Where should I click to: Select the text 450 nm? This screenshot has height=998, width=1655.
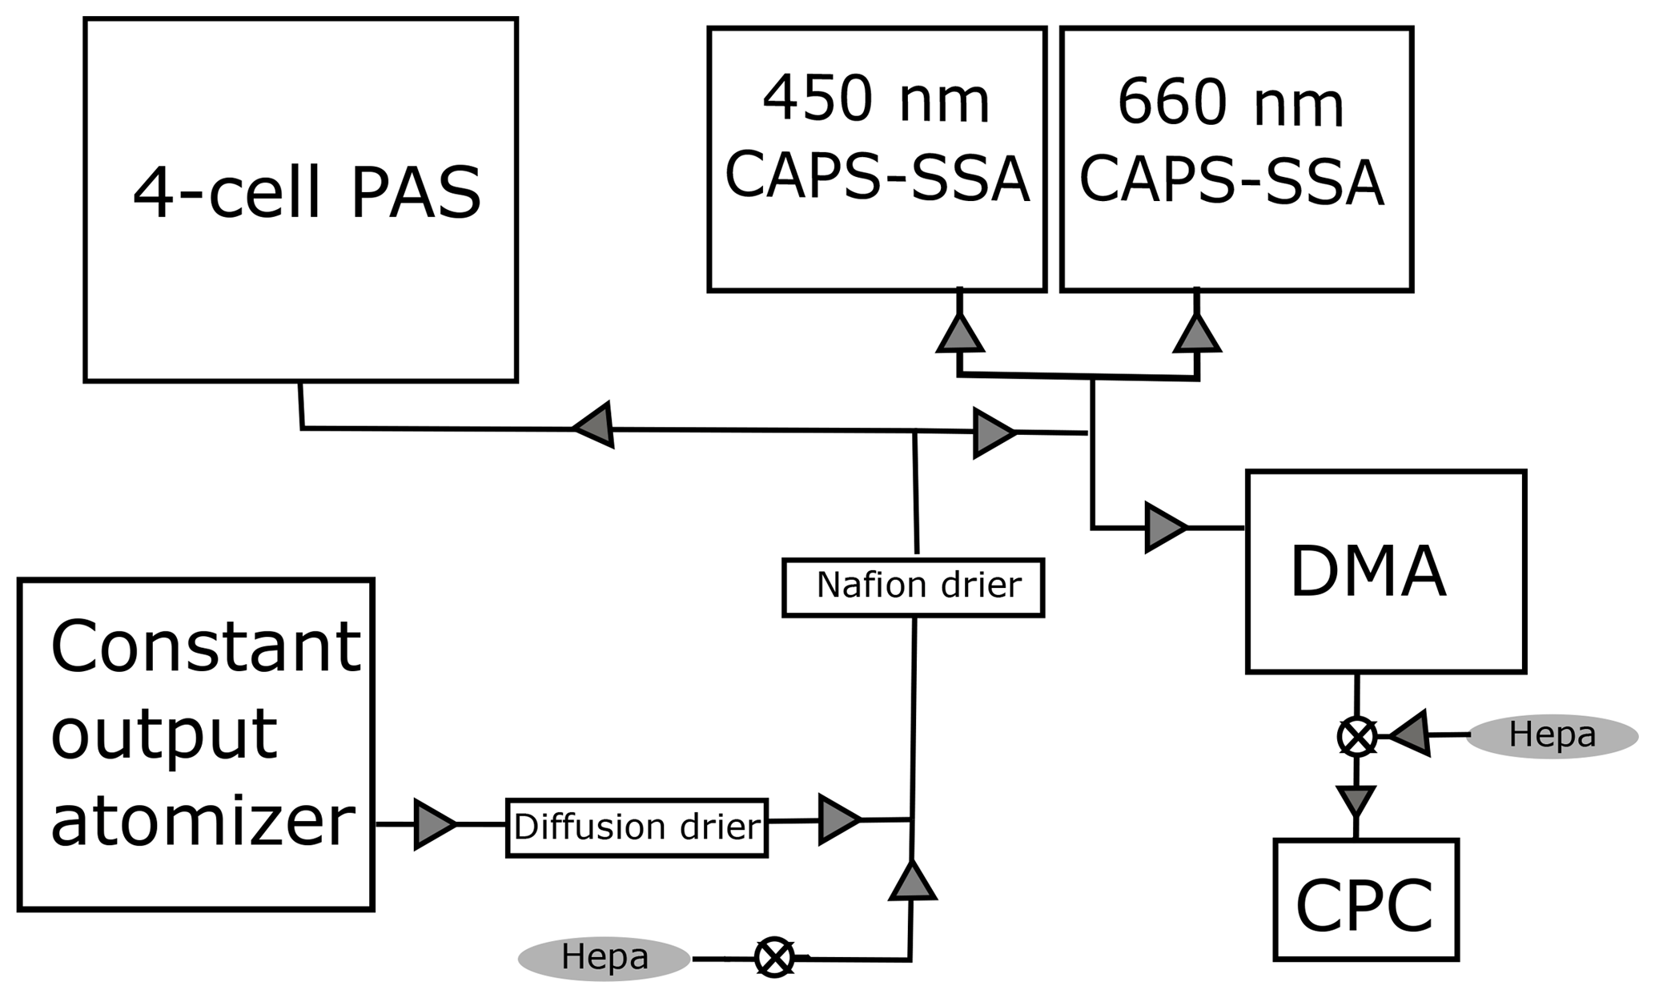tap(876, 103)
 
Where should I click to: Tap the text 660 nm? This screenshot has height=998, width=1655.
tap(1230, 104)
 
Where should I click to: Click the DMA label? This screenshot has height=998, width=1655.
tap(1368, 572)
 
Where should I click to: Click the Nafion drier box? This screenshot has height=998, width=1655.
tap(913, 587)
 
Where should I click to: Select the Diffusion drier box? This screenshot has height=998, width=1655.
tap(637, 827)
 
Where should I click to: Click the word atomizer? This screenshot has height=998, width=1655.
tap(203, 823)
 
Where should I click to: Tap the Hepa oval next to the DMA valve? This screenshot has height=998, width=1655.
tap(1552, 735)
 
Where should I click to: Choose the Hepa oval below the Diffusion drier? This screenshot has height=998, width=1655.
tap(604, 958)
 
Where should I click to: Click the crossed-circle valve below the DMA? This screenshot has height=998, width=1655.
tap(1356, 736)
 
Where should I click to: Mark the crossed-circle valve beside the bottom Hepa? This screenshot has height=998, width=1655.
tap(774, 958)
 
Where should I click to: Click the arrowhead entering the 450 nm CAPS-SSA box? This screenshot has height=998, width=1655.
tap(959, 334)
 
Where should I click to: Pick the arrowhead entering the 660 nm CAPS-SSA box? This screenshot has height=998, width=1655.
tap(1196, 334)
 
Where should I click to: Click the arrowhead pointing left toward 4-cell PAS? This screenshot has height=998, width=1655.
tap(594, 425)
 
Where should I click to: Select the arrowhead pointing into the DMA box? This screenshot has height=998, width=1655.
tap(1164, 528)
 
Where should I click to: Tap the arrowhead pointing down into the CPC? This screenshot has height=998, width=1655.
tap(1356, 799)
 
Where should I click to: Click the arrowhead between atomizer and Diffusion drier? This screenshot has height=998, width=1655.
tap(434, 824)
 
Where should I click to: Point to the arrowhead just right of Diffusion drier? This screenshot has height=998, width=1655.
tap(838, 819)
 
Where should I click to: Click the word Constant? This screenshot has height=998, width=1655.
tap(206, 646)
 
